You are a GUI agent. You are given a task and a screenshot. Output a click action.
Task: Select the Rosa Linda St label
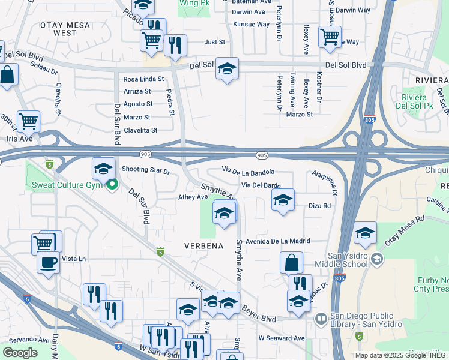[143, 79]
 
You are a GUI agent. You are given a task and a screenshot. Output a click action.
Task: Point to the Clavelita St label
[140, 130]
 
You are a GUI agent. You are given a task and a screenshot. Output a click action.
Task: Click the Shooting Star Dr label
[146, 170]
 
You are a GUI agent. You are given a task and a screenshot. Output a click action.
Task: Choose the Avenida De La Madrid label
[277, 241]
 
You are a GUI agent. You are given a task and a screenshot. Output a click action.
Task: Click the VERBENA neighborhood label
[203, 246]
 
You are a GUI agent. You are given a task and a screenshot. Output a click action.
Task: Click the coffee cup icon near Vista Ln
[48, 262]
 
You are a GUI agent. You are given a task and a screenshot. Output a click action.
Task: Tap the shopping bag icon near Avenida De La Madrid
[291, 262]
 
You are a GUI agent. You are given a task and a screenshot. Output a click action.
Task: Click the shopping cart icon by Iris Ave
[28, 121]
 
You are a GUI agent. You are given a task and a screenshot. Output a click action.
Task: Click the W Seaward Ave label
[282, 338]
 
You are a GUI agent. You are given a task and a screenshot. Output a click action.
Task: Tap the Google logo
[20, 352]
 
